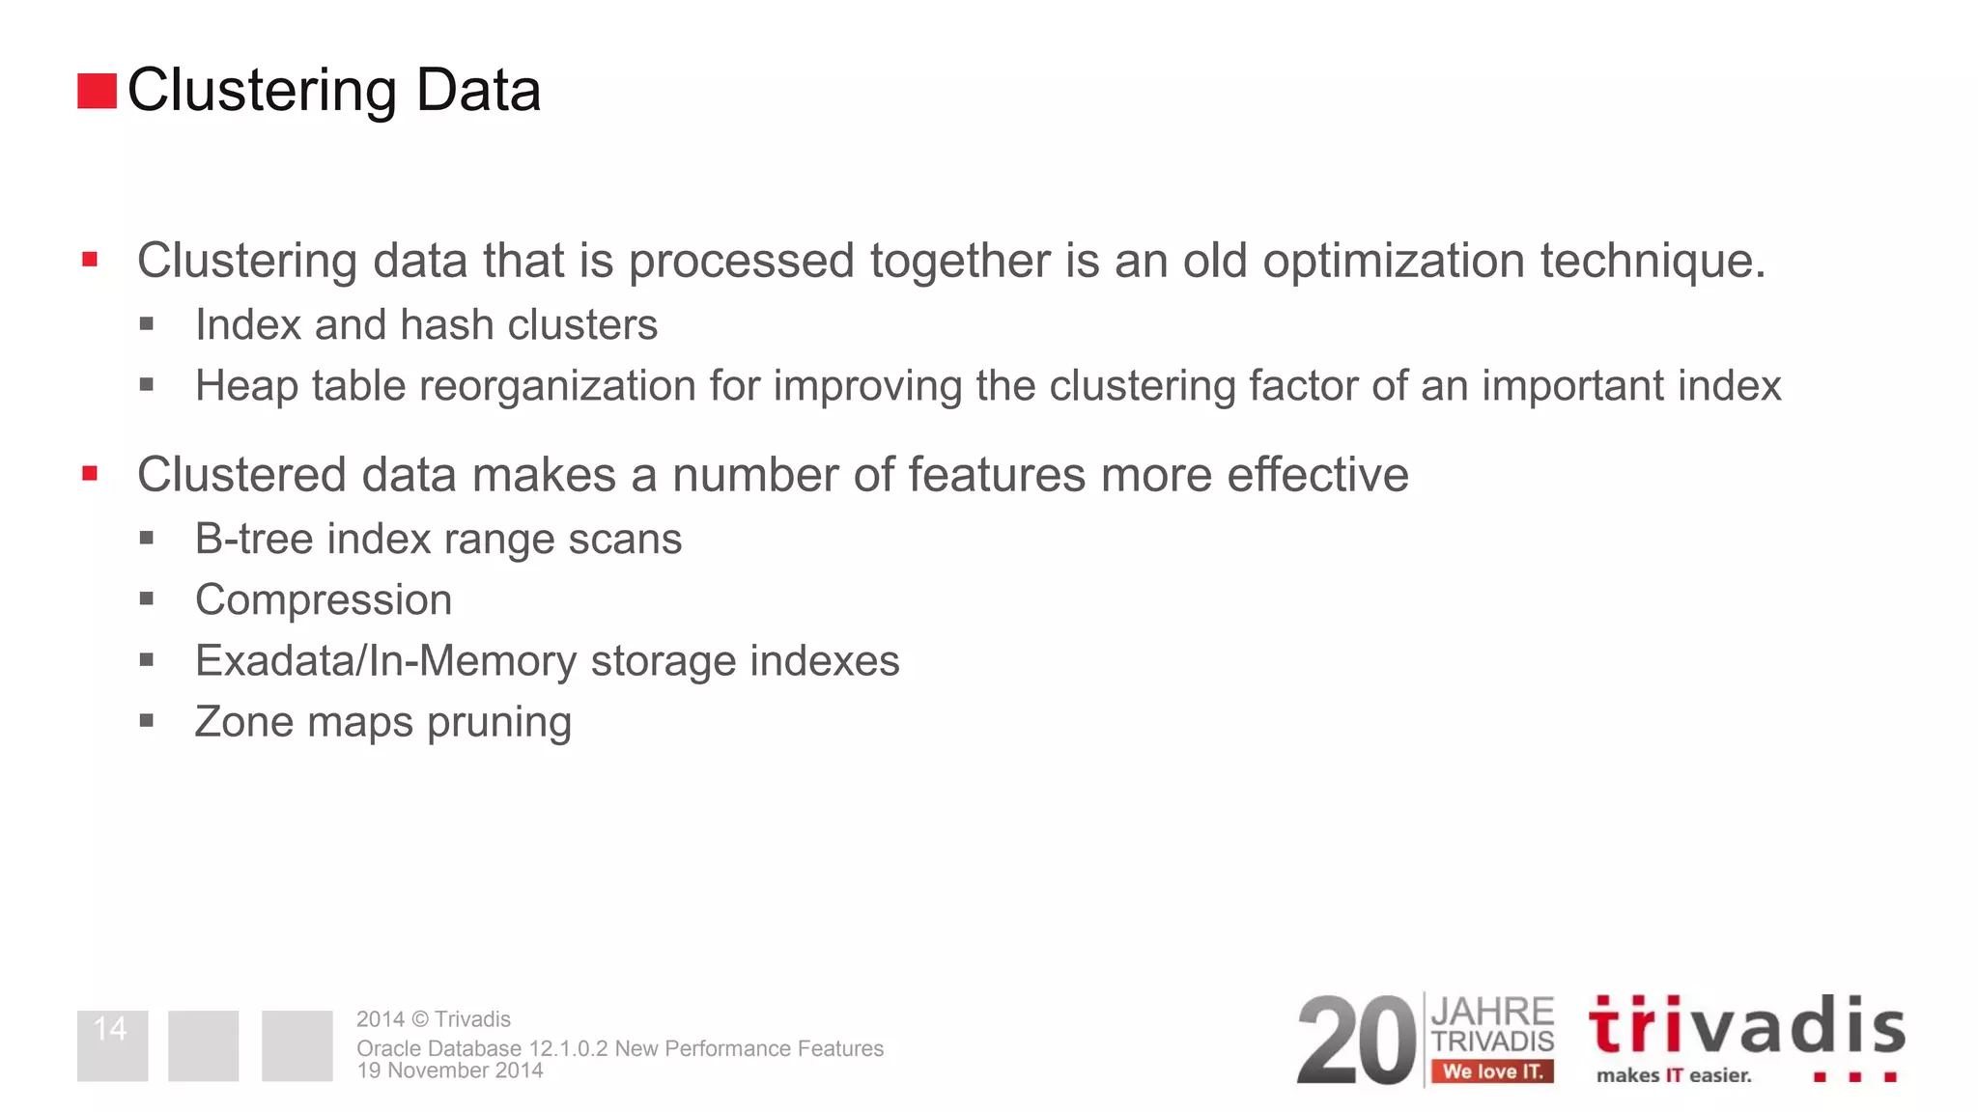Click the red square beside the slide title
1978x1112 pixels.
(97, 91)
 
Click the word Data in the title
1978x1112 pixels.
(478, 91)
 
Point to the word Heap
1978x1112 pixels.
(246, 386)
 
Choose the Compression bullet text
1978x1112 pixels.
(324, 600)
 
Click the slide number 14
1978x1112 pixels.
(111, 1029)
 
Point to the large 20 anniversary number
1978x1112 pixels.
(1356, 1042)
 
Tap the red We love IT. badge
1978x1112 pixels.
(1492, 1071)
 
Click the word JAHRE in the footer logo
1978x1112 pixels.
(1492, 1013)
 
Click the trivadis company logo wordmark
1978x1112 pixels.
(1746, 1026)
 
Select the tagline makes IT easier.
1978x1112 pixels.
(1674, 1075)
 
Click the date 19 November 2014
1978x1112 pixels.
(450, 1070)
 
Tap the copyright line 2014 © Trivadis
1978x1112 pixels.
(434, 1019)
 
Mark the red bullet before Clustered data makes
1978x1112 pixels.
(90, 474)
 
